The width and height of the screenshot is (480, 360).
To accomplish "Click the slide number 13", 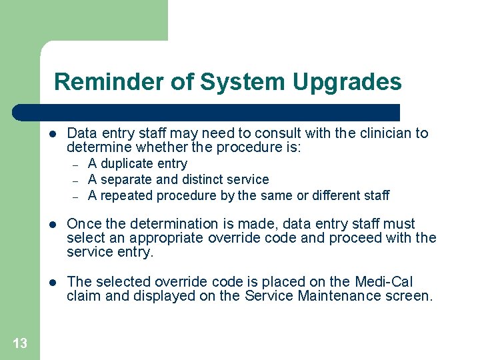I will pos(20,343).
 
